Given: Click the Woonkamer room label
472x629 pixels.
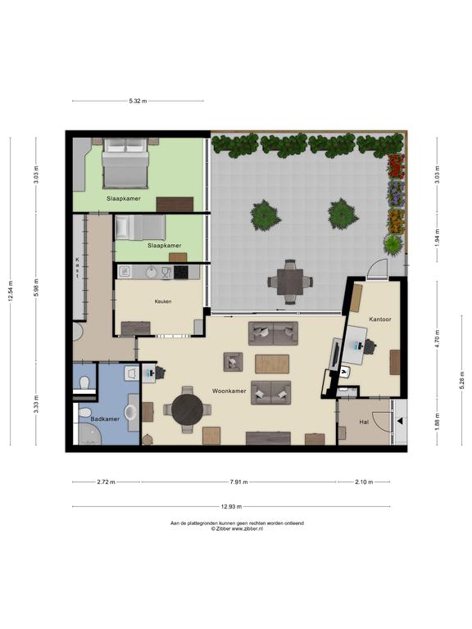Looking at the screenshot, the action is [x=229, y=391].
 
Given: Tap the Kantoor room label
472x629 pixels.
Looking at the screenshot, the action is [x=379, y=319].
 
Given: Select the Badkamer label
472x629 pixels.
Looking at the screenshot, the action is [x=105, y=419].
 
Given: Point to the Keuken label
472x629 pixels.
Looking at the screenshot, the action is [x=163, y=301].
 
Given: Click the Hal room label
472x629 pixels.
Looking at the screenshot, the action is [x=364, y=422].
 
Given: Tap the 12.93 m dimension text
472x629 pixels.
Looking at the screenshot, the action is [x=231, y=506].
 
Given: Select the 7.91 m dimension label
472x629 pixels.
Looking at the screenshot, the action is [x=238, y=482].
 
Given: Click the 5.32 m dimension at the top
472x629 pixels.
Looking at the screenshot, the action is [x=138, y=101].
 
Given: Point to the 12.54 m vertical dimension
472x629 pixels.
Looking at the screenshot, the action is [x=11, y=291].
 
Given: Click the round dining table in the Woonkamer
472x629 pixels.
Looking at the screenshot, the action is [x=188, y=410].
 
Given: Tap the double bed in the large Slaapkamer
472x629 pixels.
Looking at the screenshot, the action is [x=125, y=163].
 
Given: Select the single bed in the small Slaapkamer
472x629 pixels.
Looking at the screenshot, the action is [x=139, y=228].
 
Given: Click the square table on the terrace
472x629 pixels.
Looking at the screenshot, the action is [x=290, y=282].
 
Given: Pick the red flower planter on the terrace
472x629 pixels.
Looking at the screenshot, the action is [x=396, y=165].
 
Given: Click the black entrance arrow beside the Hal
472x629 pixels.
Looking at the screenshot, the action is [x=400, y=421].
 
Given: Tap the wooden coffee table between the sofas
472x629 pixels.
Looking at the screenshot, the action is [x=272, y=364].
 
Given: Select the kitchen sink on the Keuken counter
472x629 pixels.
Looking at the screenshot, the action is [x=152, y=272].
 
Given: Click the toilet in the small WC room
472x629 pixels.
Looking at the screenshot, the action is [x=84, y=382].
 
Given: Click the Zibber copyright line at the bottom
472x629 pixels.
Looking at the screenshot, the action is [x=237, y=529].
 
